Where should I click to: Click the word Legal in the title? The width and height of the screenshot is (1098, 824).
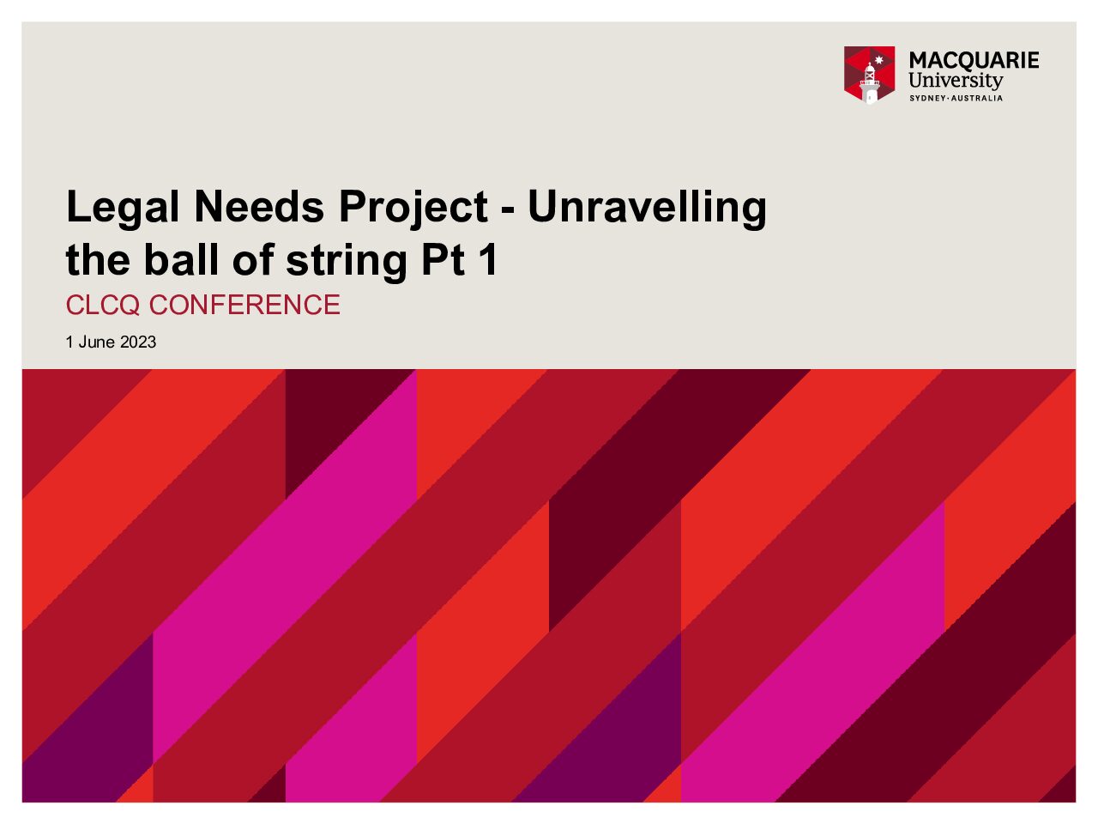[123, 208]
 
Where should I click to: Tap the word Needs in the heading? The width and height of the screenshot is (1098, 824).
[258, 206]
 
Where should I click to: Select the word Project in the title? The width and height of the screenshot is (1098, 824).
[413, 208]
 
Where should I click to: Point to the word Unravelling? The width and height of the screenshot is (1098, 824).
[647, 208]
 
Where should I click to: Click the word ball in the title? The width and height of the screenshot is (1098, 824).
[181, 259]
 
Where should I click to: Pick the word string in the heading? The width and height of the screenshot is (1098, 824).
[347, 262]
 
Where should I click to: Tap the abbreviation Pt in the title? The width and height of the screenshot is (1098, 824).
[442, 259]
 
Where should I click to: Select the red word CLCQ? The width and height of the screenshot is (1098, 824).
[103, 306]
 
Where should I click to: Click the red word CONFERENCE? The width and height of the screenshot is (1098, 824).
[244, 305]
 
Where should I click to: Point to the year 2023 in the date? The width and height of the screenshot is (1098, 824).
[138, 342]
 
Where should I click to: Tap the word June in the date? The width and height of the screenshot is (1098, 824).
[97, 342]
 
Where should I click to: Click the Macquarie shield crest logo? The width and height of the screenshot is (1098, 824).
[870, 75]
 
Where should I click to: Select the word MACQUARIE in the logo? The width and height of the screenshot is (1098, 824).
[974, 61]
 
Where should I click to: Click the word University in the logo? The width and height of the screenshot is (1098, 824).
[956, 81]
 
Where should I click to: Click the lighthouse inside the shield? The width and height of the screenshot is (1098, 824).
[870, 85]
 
